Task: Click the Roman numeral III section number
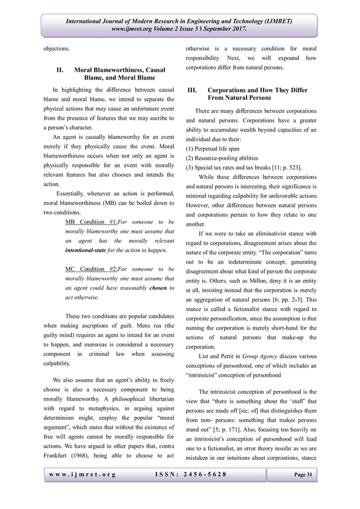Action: pos(193,90)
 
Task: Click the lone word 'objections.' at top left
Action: pos(58,49)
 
